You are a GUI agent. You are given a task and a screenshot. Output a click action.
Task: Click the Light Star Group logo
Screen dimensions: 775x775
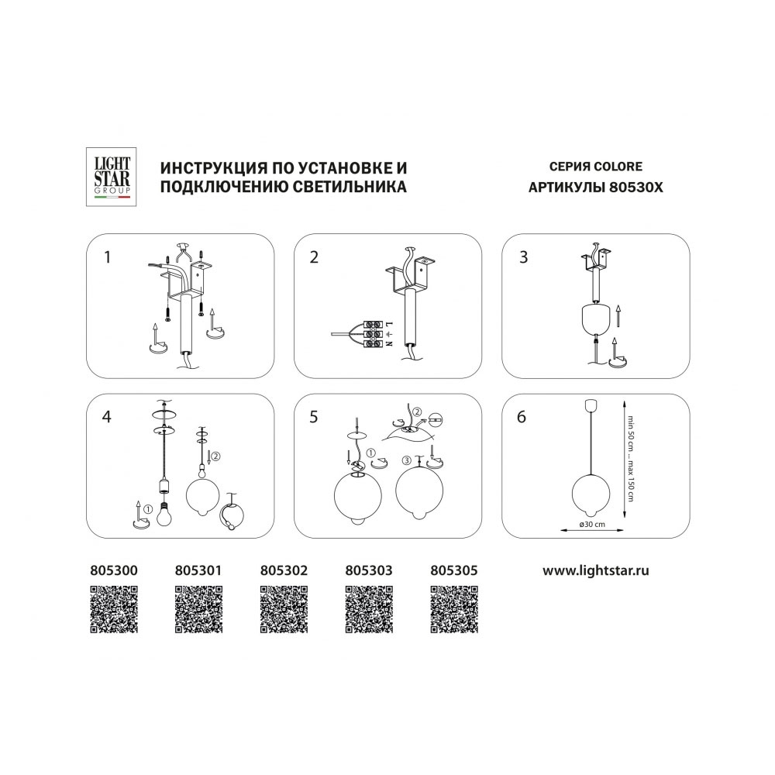point(111,177)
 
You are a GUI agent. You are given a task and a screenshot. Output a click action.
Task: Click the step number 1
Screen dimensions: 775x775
point(107,257)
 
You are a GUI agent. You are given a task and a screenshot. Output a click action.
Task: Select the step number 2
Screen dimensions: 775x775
point(314,257)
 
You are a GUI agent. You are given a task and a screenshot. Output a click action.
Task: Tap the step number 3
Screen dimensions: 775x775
point(523,257)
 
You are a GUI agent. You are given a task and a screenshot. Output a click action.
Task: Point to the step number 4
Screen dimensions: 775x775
point(106,417)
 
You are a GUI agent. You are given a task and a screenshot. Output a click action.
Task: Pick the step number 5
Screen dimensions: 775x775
point(314,417)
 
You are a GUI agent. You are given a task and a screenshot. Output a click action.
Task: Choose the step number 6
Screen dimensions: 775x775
point(522,417)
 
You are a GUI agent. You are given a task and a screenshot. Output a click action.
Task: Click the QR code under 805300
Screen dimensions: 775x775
point(114,609)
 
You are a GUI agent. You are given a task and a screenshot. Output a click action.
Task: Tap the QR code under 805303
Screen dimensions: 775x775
point(369,609)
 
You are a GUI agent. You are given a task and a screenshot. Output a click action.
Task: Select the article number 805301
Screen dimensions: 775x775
point(198,570)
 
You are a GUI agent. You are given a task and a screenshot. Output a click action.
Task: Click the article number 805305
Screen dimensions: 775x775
point(453,570)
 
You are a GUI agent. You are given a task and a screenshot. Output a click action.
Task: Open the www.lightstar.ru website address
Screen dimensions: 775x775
point(595,571)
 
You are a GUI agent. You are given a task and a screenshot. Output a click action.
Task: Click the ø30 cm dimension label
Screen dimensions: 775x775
point(591,524)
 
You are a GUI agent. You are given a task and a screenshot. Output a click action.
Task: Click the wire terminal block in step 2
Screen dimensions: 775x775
point(374,334)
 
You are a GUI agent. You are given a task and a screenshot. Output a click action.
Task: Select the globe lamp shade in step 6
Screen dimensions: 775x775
point(590,494)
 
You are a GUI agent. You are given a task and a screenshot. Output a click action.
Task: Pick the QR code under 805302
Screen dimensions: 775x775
point(284,609)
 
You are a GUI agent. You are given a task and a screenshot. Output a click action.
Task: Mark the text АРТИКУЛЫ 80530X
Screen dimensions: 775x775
point(595,188)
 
